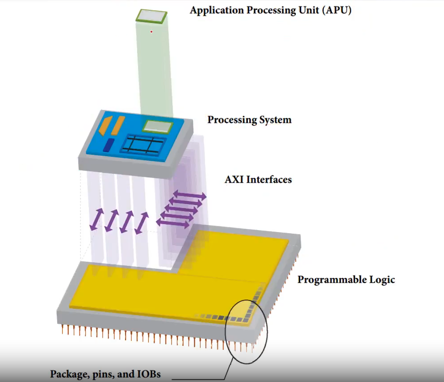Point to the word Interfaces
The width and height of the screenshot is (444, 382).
point(269,180)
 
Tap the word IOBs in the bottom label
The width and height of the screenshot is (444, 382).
point(147,374)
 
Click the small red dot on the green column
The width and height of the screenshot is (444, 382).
point(152,32)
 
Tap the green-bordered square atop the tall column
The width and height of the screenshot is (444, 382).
point(151,16)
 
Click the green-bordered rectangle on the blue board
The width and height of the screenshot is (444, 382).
point(157,126)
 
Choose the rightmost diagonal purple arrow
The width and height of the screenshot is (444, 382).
point(142,222)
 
